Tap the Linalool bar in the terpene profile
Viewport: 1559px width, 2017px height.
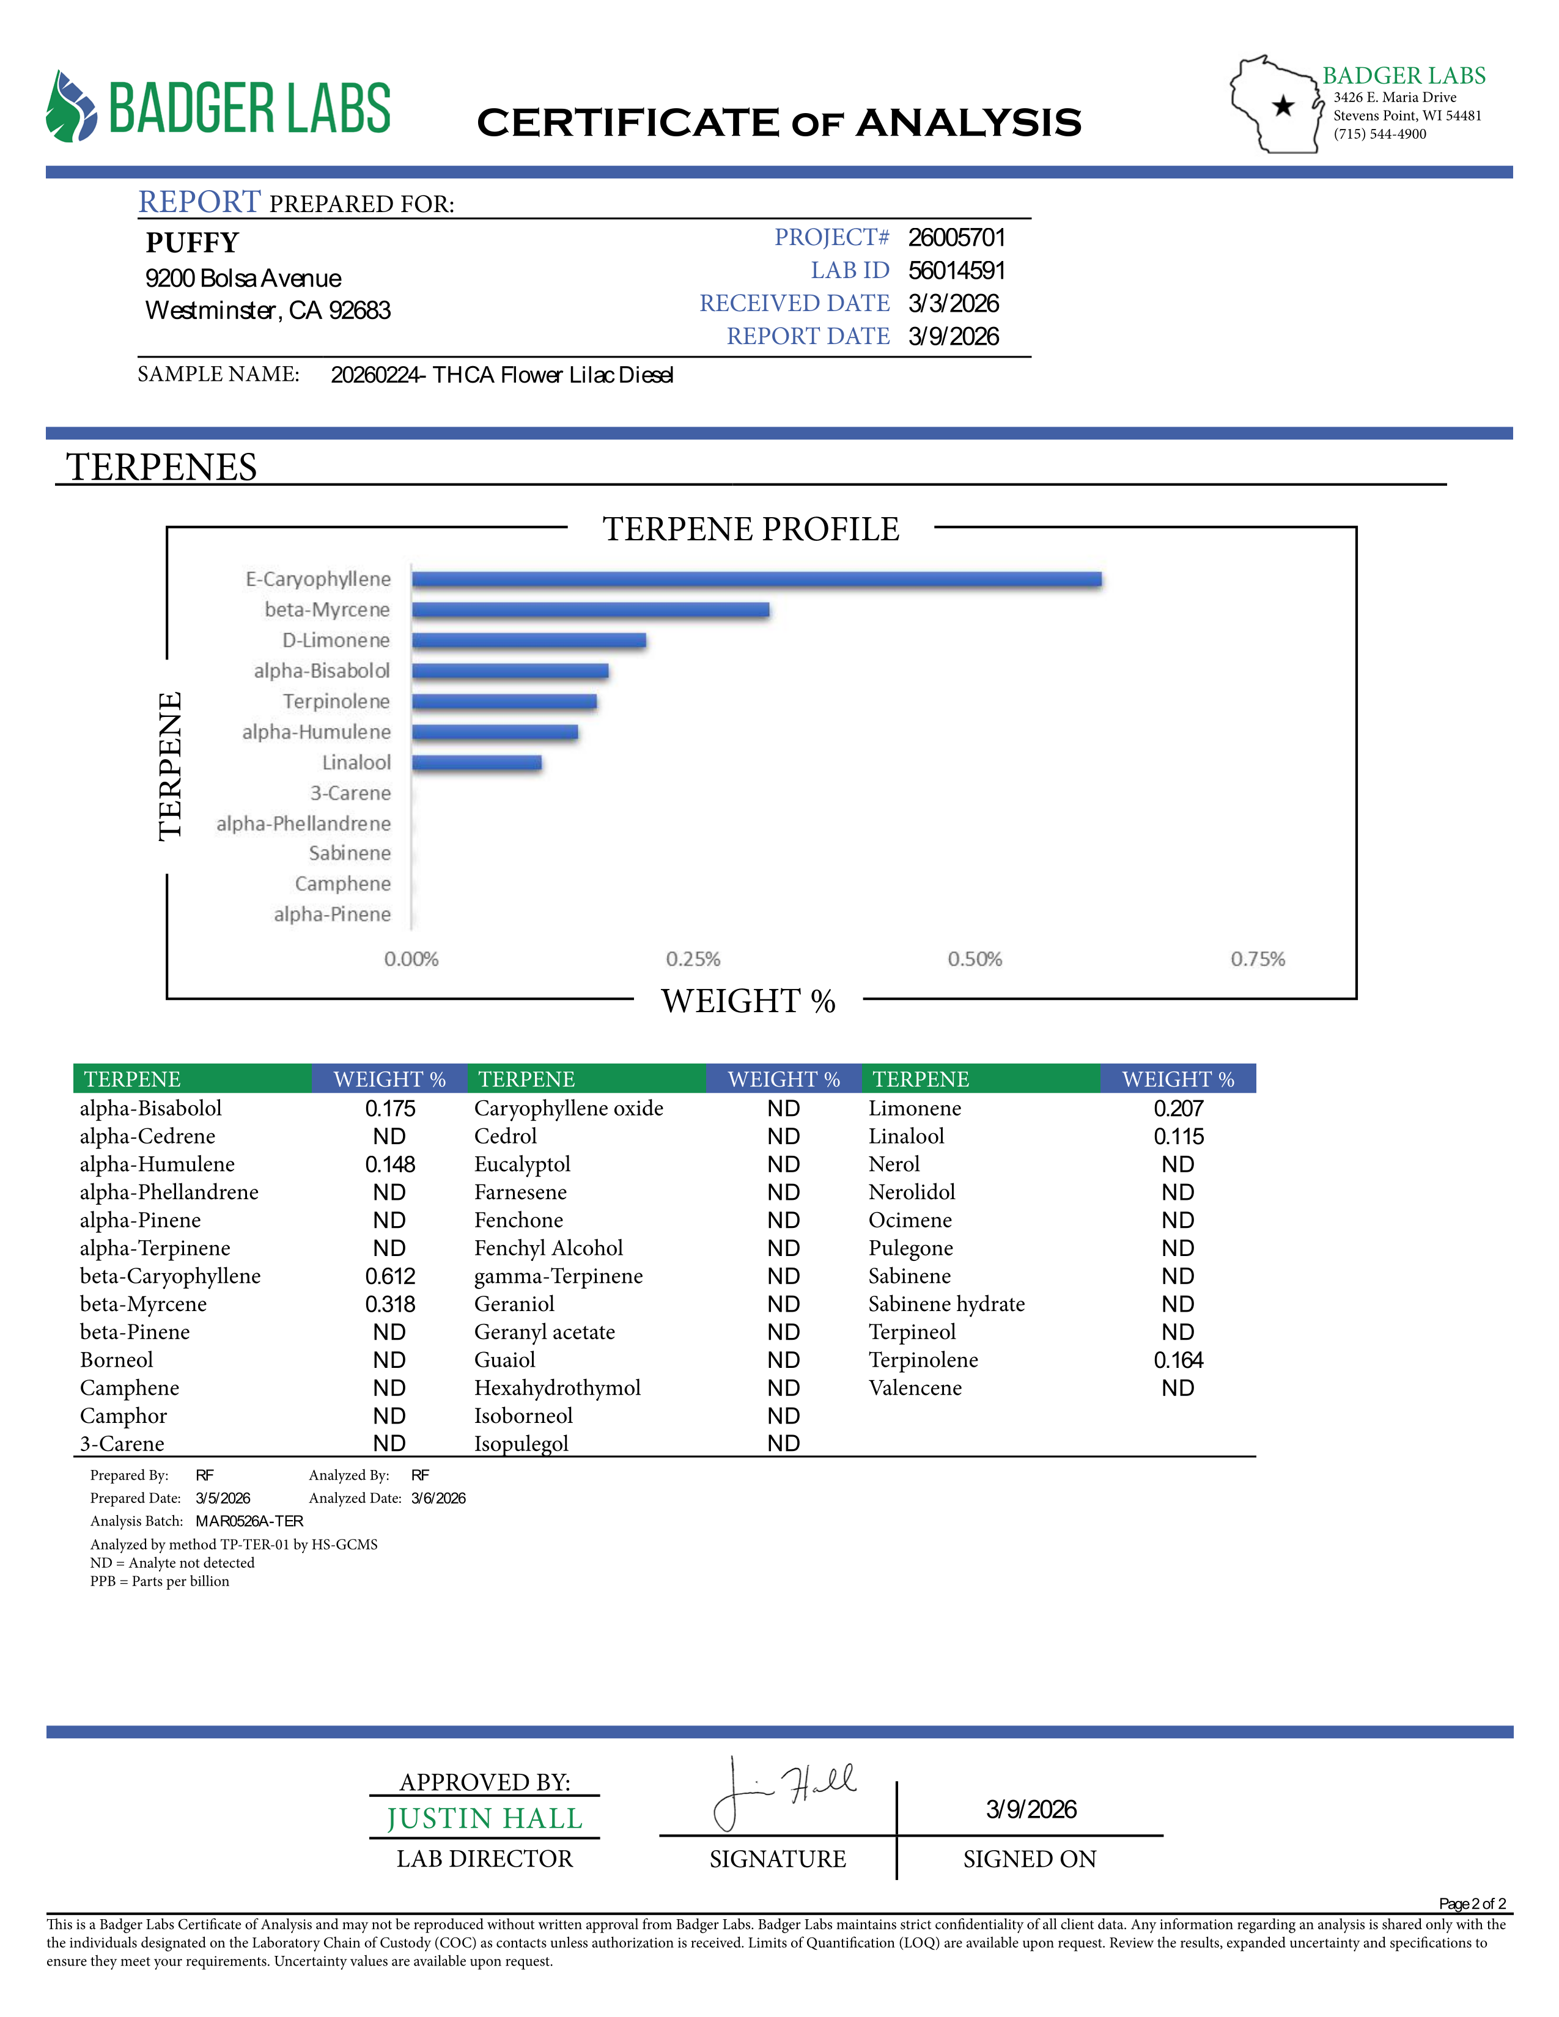tap(477, 763)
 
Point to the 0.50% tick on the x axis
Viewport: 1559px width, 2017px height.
tap(975, 958)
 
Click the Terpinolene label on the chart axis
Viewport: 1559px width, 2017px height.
tap(336, 701)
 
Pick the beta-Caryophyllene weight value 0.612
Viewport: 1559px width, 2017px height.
tap(390, 1276)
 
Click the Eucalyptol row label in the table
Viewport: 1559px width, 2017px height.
tap(522, 1164)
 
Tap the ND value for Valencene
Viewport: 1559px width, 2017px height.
tap(1178, 1388)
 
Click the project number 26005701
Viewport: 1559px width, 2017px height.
tap(956, 237)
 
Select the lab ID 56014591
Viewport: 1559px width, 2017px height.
tap(956, 271)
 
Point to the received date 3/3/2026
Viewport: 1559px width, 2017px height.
tap(953, 304)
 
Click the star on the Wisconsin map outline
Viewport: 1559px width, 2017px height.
tap(1283, 106)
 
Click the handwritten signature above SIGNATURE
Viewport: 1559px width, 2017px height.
tap(785, 1791)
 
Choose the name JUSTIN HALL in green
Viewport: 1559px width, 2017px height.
tap(485, 1818)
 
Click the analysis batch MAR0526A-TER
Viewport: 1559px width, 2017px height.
tap(249, 1521)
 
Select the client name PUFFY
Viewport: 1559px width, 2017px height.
tap(192, 243)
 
